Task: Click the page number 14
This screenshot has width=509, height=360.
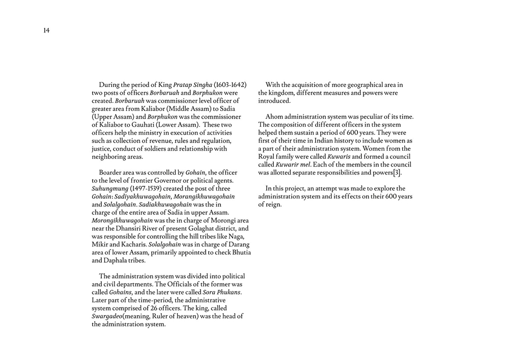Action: pos(46,31)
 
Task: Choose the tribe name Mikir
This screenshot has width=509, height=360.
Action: pos(100,244)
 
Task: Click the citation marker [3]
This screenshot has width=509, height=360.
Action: pos(396,173)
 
